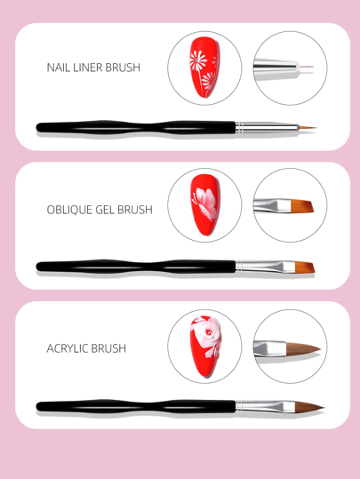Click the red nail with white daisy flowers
tap(204, 68)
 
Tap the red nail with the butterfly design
tap(204, 204)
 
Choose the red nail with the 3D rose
tap(205, 346)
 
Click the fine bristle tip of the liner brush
tap(308, 127)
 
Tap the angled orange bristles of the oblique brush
tap(305, 267)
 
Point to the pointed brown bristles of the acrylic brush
tap(308, 407)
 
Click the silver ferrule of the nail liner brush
tap(267, 127)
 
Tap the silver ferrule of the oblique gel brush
tap(266, 267)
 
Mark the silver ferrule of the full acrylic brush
tap(266, 406)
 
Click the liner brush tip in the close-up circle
tap(306, 67)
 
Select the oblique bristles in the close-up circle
tap(302, 206)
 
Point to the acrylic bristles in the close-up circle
tap(303, 349)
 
